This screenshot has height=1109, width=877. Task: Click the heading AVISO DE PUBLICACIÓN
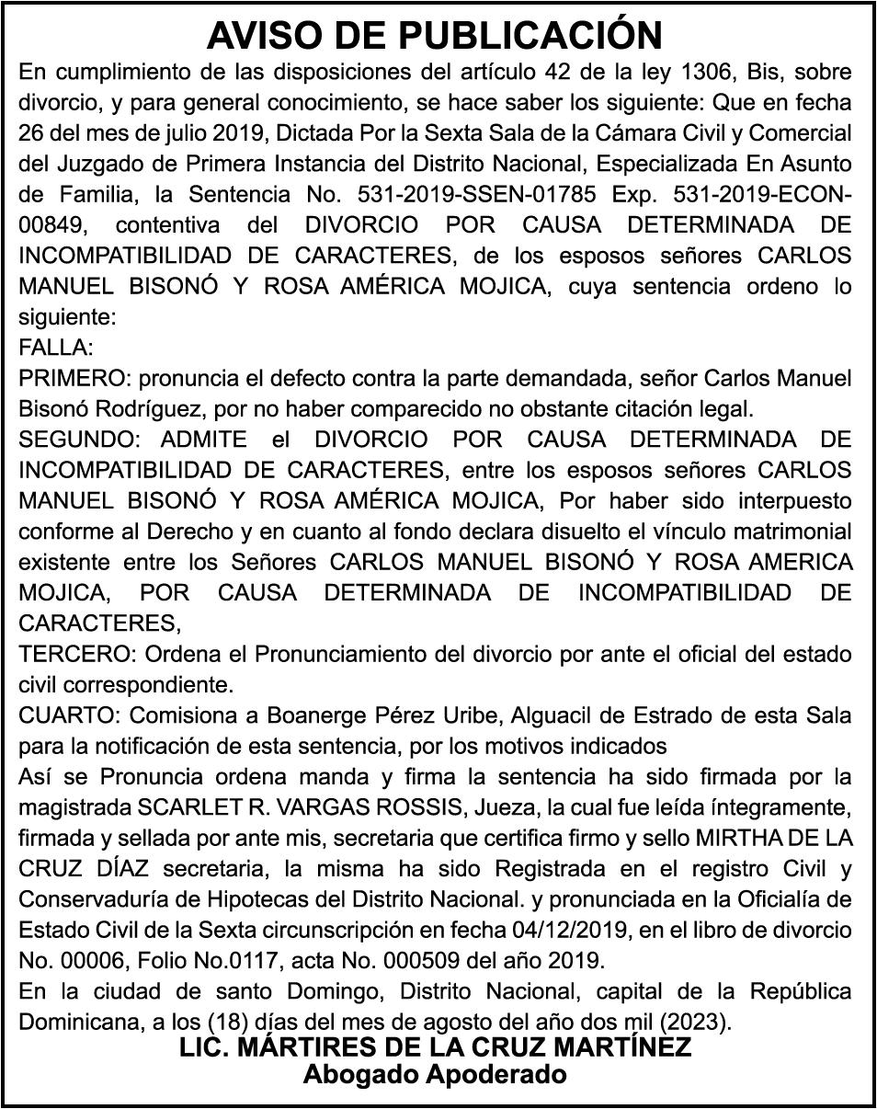(x=435, y=35)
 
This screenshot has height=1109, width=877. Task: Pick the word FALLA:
(x=56, y=348)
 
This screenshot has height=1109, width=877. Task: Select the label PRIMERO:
(x=71, y=378)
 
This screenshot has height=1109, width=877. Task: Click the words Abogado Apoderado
(x=435, y=1074)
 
